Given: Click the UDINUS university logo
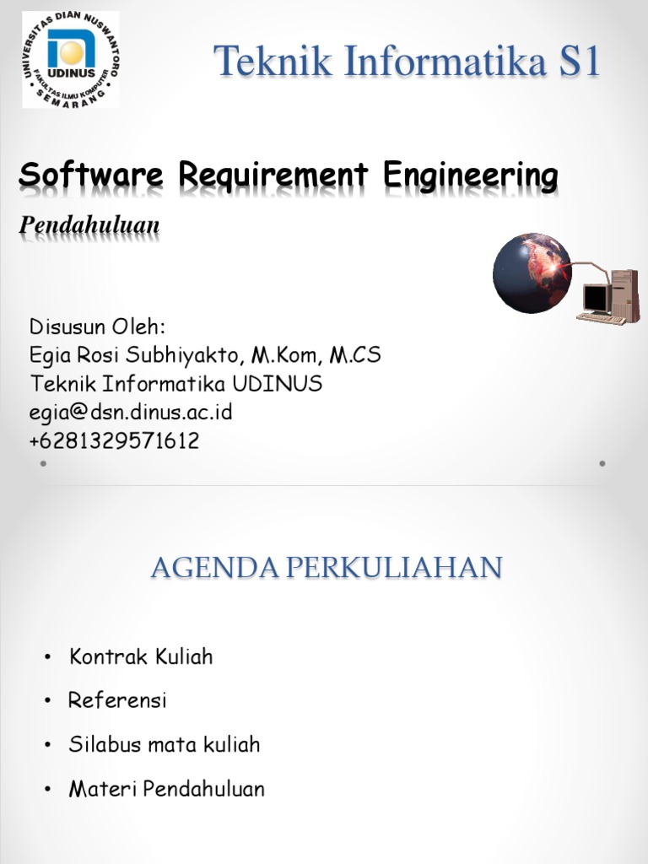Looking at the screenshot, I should pos(70,59).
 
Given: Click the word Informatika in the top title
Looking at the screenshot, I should pos(426,63).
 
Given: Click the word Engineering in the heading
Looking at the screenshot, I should pos(471,176).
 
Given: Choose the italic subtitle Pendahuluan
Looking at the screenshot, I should pos(89,226).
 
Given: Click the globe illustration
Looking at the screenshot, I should pos(532,273).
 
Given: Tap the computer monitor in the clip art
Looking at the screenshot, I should pos(596,298).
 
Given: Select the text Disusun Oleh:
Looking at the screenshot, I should pos(98,327).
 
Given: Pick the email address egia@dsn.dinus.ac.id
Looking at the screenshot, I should pos(131,413).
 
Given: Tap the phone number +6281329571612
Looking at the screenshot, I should pos(115,440).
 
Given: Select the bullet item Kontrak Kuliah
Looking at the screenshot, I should pos(141,656).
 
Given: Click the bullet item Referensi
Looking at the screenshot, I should pos(118,700).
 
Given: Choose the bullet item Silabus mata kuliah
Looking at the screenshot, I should pos(165,745).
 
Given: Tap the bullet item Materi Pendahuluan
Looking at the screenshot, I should pos(167,790).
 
